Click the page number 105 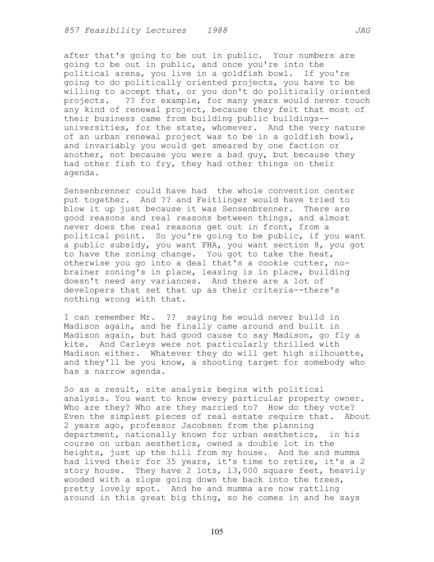217,531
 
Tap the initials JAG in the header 363,31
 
